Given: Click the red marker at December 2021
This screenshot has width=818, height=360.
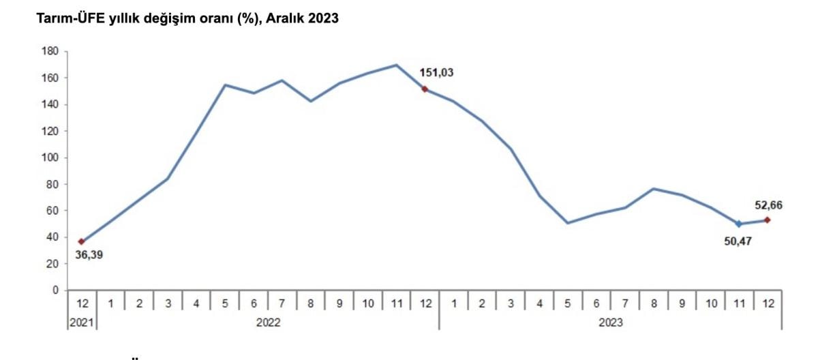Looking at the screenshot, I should click(x=82, y=241).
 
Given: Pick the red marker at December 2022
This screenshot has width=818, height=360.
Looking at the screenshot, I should click(x=425, y=89).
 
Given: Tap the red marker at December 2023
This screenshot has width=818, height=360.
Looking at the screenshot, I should click(x=768, y=220).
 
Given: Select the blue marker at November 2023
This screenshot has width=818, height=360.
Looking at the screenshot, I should click(x=739, y=224).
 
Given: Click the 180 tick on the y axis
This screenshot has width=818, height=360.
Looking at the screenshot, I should click(x=49, y=51).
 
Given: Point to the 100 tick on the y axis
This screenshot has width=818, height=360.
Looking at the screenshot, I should click(x=49, y=157).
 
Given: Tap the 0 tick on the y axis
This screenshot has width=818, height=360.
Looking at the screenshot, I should click(x=55, y=290).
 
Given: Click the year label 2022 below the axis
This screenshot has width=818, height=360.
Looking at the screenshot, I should click(x=268, y=323).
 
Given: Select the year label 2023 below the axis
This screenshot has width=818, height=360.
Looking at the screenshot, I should click(x=610, y=323).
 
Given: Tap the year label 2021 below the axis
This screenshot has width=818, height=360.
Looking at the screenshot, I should click(x=82, y=323).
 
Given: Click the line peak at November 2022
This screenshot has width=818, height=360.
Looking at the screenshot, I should click(x=396, y=65).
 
